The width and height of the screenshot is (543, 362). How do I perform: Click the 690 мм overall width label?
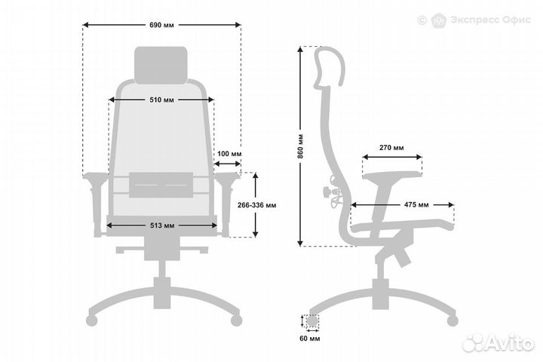(161, 25)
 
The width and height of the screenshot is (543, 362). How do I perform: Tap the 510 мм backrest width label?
(161, 100)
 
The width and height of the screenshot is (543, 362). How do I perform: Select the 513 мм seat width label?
(162, 225)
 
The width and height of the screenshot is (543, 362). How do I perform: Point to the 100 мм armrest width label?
(229, 154)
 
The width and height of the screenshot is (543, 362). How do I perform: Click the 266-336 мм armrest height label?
(257, 205)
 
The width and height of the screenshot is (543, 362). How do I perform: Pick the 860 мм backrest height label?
(300, 146)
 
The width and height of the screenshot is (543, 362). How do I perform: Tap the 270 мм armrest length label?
(391, 148)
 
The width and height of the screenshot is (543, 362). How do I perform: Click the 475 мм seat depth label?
(416, 204)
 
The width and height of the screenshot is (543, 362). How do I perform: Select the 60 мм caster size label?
(310, 339)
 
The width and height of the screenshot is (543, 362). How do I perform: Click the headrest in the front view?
(161, 66)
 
